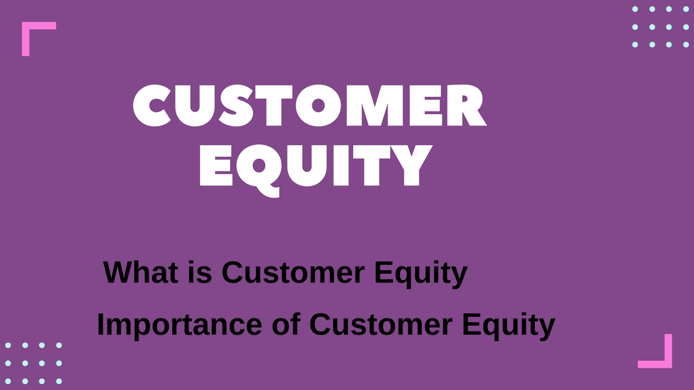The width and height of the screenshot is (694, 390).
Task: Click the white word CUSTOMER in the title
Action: coord(310,105)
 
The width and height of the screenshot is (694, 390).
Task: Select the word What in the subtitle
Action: coord(141,272)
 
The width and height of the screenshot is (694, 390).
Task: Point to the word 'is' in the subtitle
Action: coord(200,272)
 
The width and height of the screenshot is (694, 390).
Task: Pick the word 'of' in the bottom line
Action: coord(286,324)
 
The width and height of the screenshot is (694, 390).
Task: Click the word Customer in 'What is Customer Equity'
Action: coord(293,272)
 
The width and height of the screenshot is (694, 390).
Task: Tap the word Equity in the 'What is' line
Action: coord(421,274)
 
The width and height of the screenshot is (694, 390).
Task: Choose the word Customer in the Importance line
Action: coord(381,324)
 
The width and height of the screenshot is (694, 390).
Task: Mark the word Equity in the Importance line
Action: coord(509,326)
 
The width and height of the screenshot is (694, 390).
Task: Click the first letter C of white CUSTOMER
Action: coord(152,105)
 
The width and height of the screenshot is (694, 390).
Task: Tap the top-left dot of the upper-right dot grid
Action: coord(635,9)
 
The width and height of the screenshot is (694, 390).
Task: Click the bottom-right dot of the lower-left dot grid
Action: coord(59,381)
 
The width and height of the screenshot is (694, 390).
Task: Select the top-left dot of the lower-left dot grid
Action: coord(8,345)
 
